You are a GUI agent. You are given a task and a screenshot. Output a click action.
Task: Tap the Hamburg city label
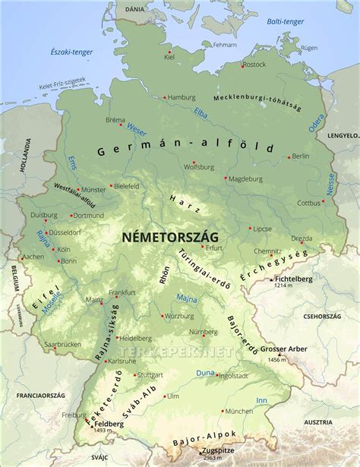pos(181,97)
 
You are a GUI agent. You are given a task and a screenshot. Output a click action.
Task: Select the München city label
pos(238,411)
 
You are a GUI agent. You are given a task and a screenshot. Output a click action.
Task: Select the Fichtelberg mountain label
pos(294,279)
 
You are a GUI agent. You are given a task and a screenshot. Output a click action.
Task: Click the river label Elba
pos(201,115)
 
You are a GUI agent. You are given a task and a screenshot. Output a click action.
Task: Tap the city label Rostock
pos(254,65)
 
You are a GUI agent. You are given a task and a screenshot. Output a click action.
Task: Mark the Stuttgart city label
pos(151,375)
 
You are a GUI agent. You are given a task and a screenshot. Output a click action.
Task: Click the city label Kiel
pos(169,57)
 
